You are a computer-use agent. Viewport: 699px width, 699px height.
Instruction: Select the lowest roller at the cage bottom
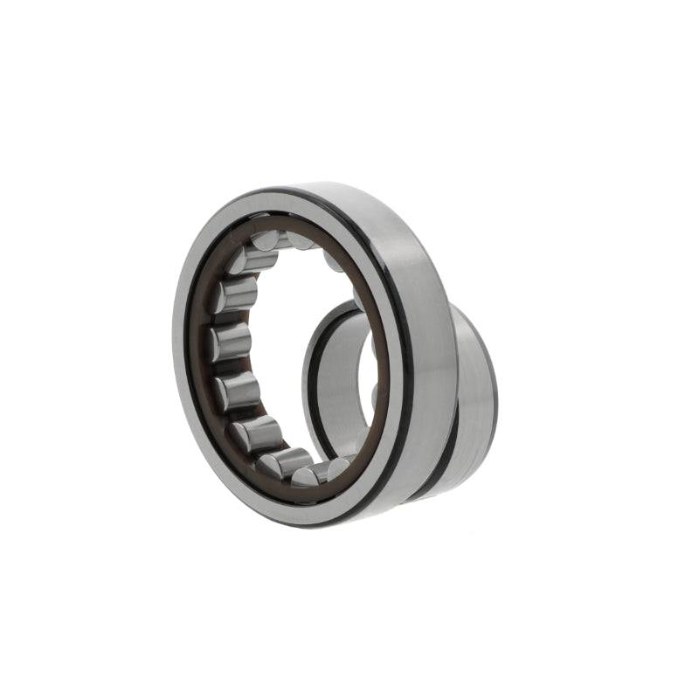pyautogui.click(x=308, y=475)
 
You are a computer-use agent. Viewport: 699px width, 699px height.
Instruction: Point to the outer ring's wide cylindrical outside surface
pyautogui.click(x=428, y=349)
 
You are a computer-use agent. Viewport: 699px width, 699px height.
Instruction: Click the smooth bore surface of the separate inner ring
pyautogui.click(x=336, y=384)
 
